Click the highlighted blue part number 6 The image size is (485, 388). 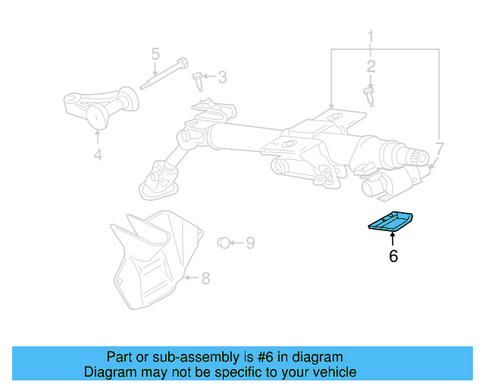(391, 224)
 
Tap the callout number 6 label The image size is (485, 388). (393, 257)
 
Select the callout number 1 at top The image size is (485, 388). (371, 36)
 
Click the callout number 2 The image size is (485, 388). (371, 67)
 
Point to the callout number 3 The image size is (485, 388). (222, 77)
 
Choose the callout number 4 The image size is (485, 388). (97, 155)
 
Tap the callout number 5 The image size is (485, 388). (155, 54)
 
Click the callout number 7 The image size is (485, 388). (440, 147)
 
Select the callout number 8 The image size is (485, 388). (205, 278)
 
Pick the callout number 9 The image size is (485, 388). (249, 242)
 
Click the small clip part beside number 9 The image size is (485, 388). (223, 242)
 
